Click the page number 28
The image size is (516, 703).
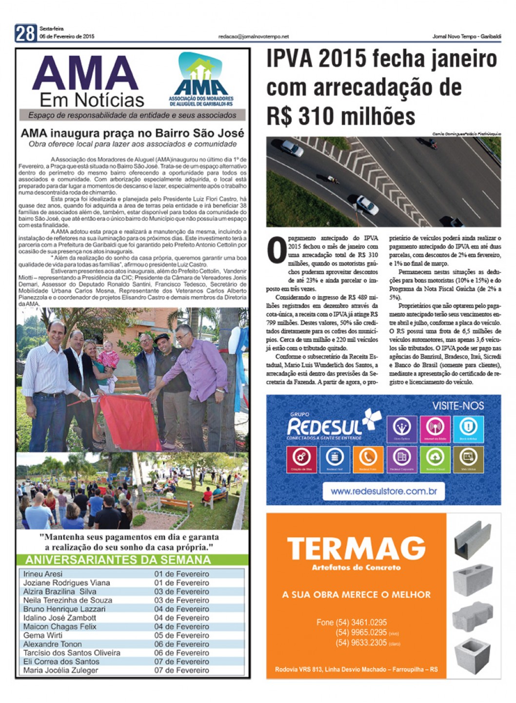(25, 33)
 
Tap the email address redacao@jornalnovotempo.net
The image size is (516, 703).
(253, 37)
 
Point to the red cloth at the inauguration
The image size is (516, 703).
(128, 421)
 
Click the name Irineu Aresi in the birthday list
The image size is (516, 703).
(43, 574)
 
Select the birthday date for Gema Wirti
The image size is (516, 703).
(181, 635)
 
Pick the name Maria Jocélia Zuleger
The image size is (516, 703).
(60, 670)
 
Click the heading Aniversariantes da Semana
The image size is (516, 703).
(118, 560)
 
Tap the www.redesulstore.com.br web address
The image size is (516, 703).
(383, 491)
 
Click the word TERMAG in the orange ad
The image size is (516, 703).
(356, 549)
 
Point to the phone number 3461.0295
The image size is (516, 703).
(361, 622)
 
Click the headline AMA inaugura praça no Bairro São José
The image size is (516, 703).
(132, 133)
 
